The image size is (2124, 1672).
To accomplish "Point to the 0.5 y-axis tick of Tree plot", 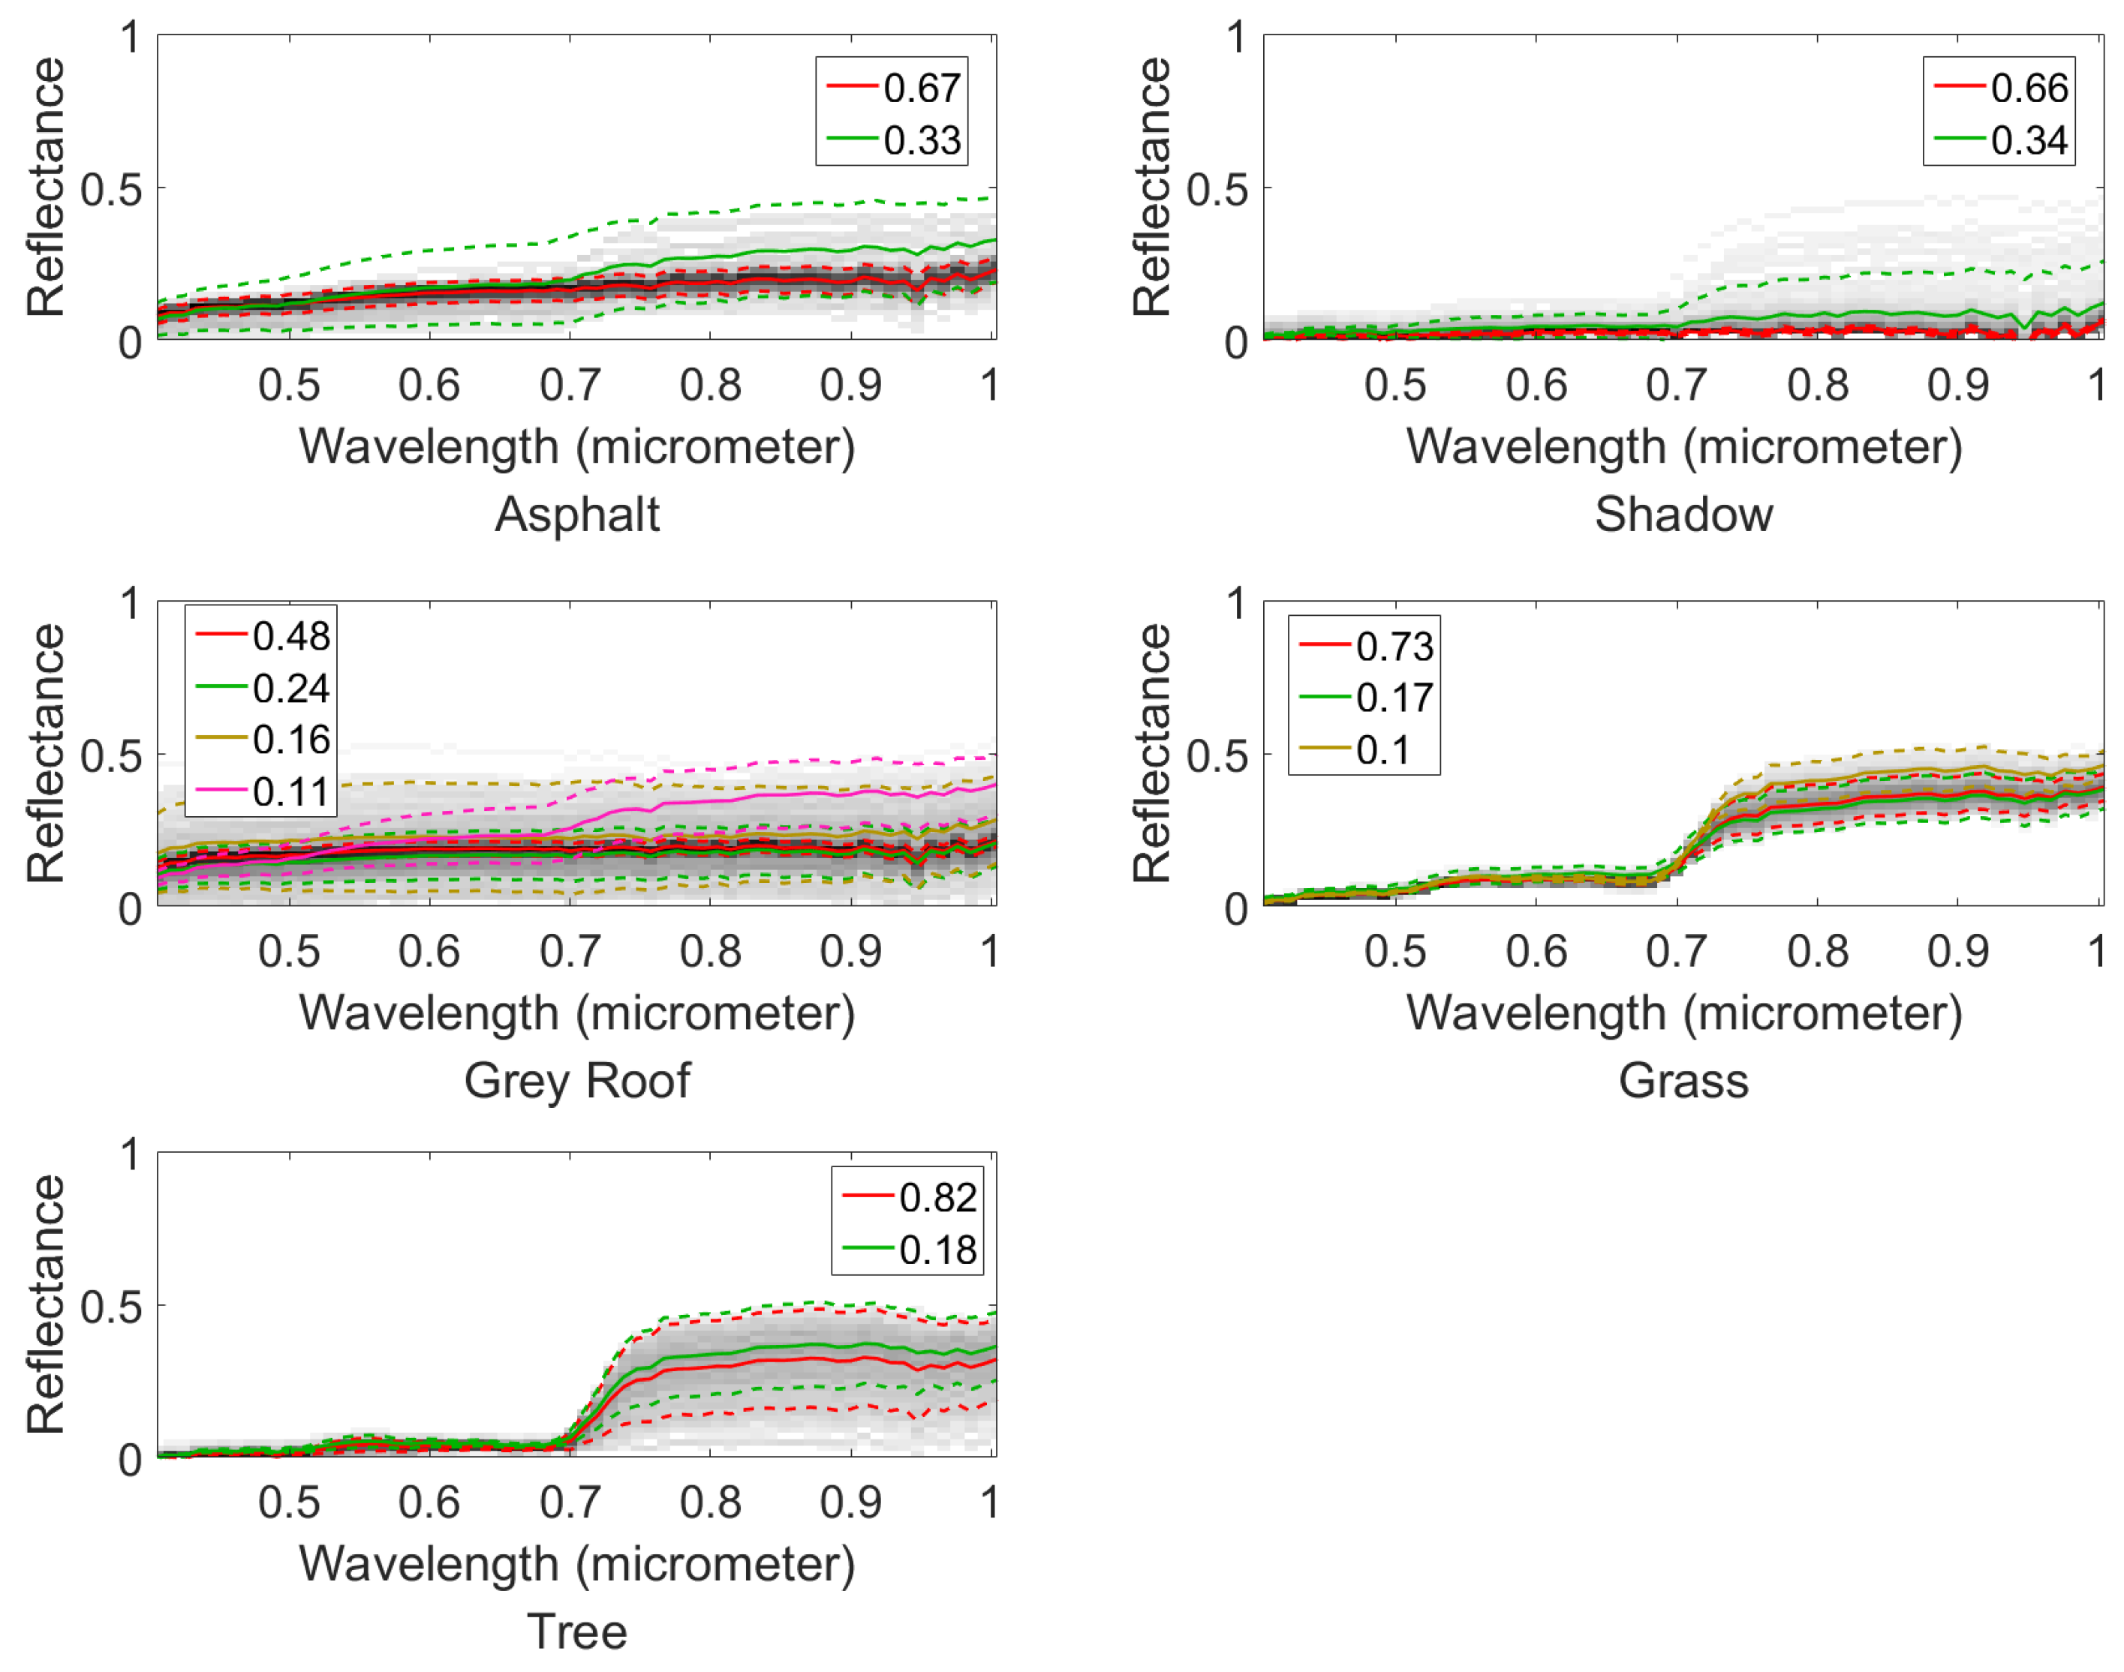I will point(110,1307).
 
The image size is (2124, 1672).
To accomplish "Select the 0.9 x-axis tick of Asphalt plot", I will point(850,385).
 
